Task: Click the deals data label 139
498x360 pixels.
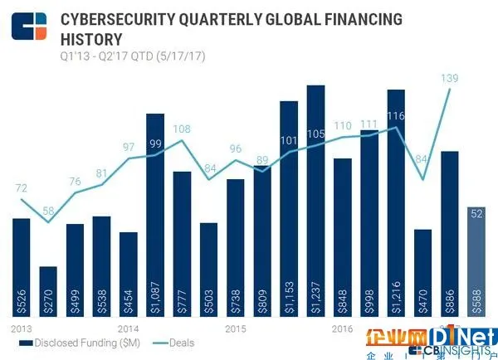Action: [451, 77]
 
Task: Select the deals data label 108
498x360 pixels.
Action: [182, 129]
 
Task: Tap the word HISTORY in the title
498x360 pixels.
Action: [90, 38]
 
